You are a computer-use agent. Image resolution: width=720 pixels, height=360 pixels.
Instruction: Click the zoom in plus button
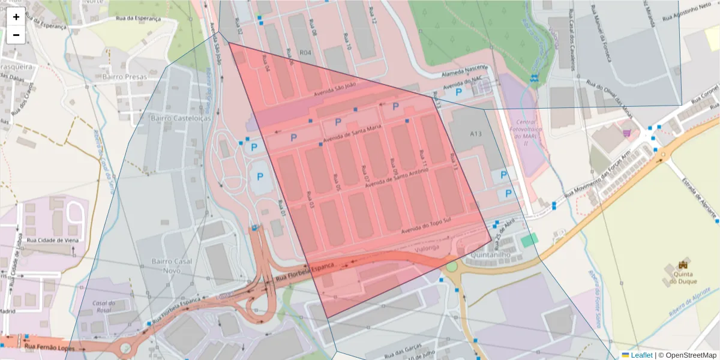click(x=16, y=17)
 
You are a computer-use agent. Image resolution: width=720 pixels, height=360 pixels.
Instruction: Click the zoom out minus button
click(x=16, y=35)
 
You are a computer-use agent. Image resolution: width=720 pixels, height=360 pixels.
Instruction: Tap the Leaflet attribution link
click(x=641, y=355)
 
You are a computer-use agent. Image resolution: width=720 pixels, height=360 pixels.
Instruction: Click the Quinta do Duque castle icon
click(x=682, y=265)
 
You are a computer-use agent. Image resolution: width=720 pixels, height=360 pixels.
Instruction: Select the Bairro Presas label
click(x=124, y=77)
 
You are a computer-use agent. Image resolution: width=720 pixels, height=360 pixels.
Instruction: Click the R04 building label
click(x=305, y=53)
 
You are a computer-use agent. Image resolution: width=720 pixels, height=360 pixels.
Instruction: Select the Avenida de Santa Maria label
click(x=352, y=135)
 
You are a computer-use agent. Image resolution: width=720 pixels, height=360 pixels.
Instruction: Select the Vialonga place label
click(x=427, y=247)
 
